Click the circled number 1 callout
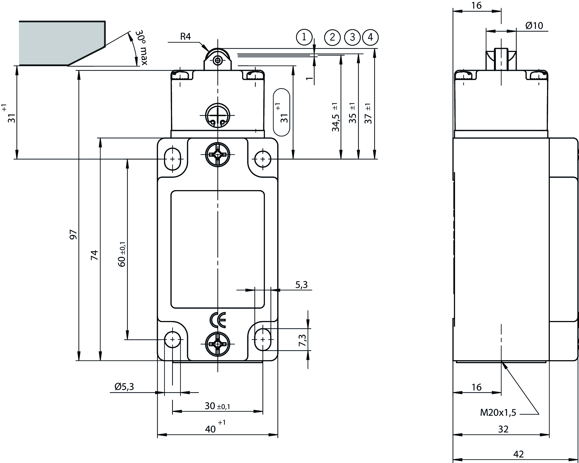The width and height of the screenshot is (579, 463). click(304, 37)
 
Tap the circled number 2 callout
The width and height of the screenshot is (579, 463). click(332, 37)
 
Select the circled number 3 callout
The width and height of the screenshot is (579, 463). click(352, 37)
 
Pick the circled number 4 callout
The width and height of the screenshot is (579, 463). click(370, 37)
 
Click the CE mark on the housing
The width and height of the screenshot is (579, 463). click(218, 320)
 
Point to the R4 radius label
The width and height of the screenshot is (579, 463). click(185, 36)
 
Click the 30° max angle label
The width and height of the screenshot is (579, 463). click(141, 48)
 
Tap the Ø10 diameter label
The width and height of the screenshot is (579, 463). click(534, 26)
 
